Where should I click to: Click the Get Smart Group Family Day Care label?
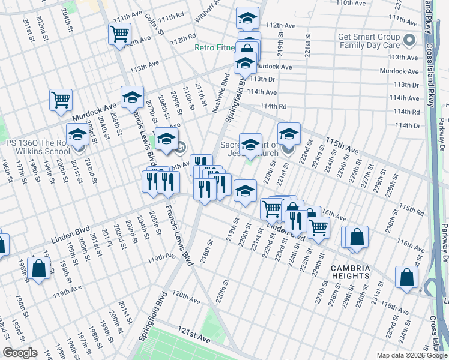click(x=369, y=40)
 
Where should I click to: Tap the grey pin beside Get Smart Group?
click(x=410, y=41)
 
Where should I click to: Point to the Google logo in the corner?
click(x=20, y=353)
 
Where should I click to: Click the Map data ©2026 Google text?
click(x=412, y=355)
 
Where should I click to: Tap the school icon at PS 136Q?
click(x=77, y=136)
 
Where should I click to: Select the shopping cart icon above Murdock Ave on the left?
click(x=61, y=100)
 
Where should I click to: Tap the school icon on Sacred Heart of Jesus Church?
click(x=250, y=144)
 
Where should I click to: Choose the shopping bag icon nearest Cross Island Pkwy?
click(x=406, y=278)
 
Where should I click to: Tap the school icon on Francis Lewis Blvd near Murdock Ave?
click(x=133, y=97)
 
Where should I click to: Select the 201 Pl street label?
click(x=106, y=239)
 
